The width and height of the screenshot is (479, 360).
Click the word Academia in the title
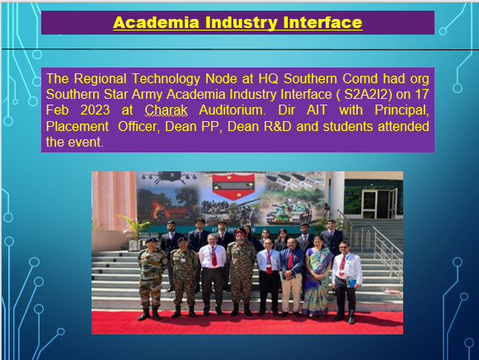coord(156,22)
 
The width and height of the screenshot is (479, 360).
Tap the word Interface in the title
coord(322,22)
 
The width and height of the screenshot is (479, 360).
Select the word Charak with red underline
coord(166,110)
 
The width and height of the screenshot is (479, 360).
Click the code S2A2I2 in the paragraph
coord(368,95)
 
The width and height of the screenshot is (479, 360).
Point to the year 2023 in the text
coord(95,110)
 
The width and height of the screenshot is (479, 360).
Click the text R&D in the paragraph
coord(277,126)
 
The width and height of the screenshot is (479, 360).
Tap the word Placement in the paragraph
coord(77,126)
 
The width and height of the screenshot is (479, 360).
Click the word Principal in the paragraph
coord(402,110)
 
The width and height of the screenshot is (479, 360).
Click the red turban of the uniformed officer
coord(240,233)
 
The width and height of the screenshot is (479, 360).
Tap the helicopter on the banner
coord(168,177)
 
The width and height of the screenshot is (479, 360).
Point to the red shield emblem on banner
coord(233,186)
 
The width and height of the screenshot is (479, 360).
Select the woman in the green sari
coord(317,276)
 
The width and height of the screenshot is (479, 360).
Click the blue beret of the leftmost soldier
coord(151,240)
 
